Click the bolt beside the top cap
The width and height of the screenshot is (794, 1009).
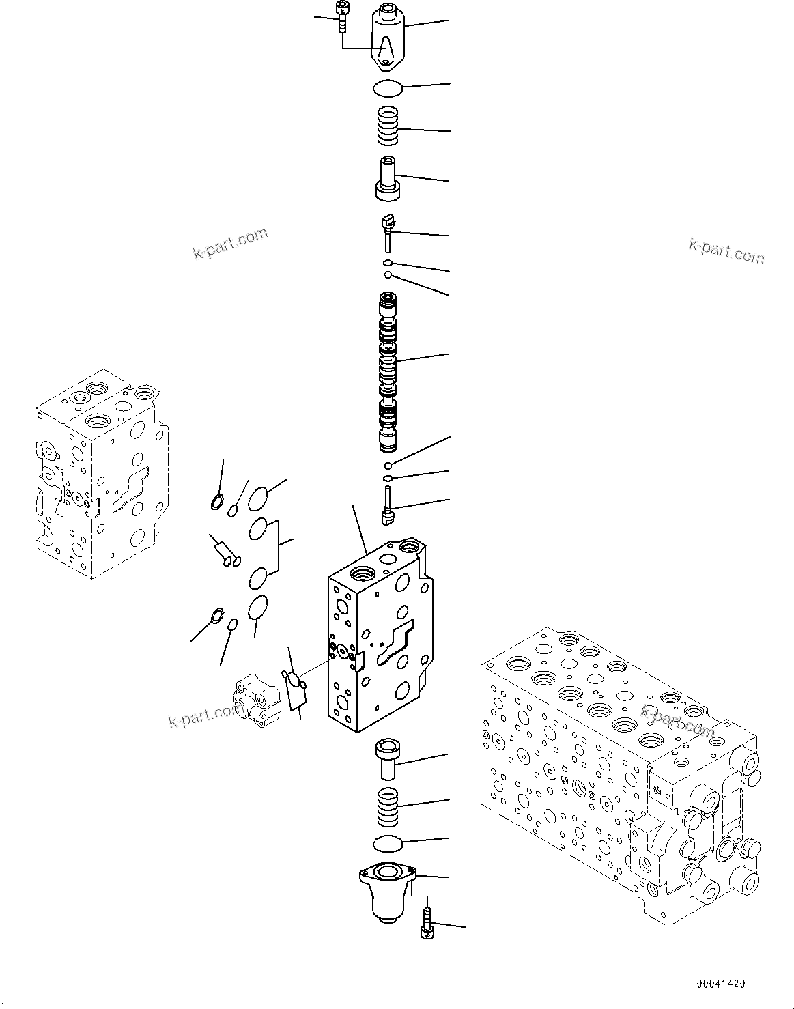(x=341, y=16)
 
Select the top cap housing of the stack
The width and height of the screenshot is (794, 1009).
(x=388, y=37)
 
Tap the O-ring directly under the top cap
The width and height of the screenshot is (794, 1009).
(x=387, y=87)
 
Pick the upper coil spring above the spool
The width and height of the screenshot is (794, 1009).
(x=388, y=127)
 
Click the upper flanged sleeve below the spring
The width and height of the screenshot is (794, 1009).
(x=388, y=178)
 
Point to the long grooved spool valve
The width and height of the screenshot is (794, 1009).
(x=388, y=372)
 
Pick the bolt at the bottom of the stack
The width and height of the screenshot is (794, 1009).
(x=427, y=926)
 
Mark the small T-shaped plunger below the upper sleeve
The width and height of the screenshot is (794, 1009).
(x=388, y=230)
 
